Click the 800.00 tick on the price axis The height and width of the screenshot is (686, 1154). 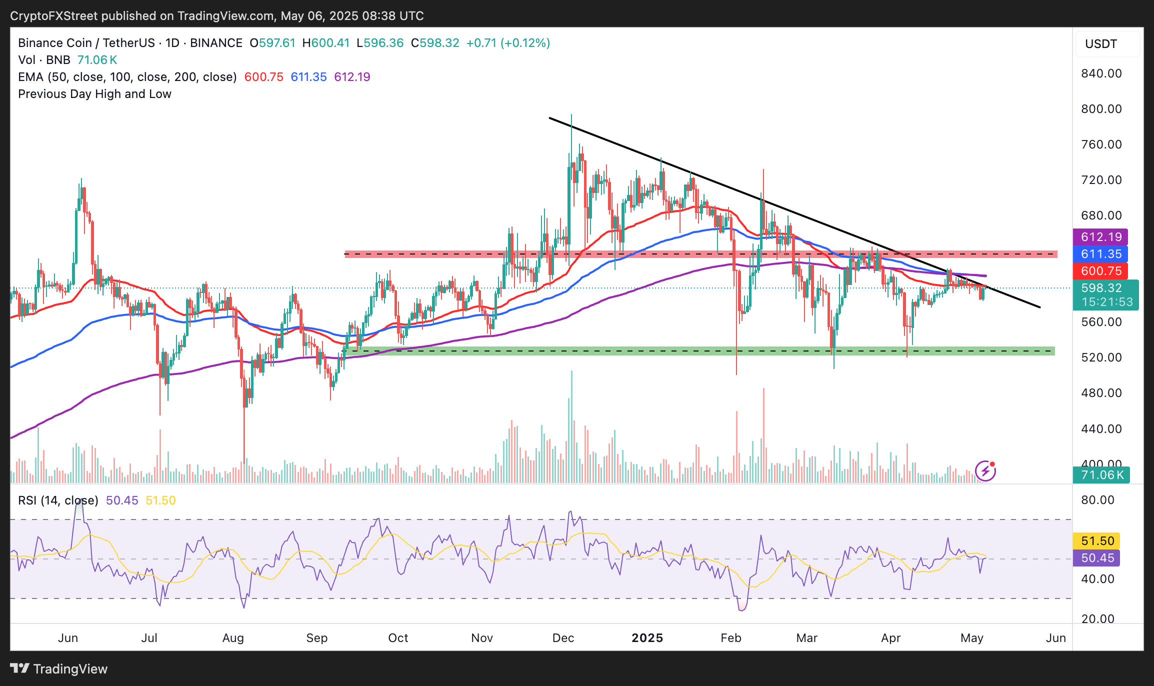1101,109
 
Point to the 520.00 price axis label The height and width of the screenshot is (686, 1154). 1101,357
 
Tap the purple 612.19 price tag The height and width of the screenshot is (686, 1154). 1101,237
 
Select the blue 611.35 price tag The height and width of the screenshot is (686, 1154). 1101,254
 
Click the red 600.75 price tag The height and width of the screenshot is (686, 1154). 1101,271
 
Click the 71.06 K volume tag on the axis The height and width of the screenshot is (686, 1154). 1101,475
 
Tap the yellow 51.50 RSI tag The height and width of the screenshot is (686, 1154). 1097,541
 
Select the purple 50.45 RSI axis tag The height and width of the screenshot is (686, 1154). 1097,558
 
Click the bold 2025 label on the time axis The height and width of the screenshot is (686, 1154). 647,638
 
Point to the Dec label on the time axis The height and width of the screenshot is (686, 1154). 563,638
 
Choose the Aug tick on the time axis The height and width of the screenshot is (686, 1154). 233,638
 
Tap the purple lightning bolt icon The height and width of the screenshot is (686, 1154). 985,471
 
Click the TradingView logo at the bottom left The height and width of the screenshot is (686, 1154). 59,669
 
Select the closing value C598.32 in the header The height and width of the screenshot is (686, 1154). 434,43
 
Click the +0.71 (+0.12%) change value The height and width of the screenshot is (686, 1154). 508,43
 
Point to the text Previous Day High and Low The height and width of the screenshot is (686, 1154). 94,94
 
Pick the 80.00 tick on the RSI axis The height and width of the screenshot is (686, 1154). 1097,500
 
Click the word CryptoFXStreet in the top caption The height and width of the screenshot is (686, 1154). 54,16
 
